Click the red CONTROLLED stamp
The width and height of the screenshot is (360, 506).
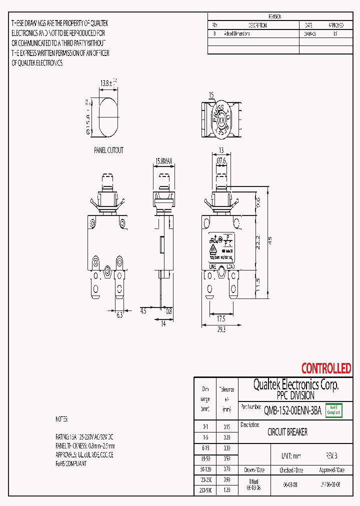326,368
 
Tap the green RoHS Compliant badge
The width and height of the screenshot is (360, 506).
334,410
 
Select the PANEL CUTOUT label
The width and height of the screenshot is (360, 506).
108,150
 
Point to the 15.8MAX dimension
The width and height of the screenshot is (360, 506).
164,161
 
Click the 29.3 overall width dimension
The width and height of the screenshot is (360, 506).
221,329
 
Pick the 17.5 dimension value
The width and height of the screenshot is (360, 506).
221,318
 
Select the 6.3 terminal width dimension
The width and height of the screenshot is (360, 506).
119,315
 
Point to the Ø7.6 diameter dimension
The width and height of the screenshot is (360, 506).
222,160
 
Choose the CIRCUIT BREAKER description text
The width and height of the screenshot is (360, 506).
287,432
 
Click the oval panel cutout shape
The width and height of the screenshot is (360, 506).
107,117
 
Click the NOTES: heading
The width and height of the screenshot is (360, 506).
61,418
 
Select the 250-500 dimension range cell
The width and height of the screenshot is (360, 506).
205,491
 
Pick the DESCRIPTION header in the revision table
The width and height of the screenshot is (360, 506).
257,25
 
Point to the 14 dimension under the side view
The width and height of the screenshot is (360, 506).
163,324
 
